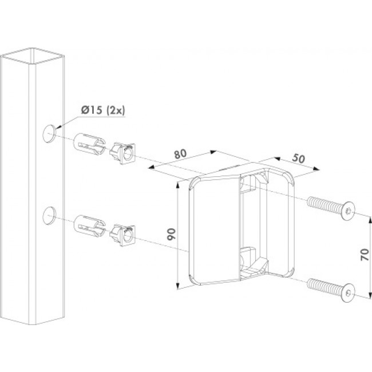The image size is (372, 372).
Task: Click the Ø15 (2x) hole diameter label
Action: (x=102, y=110)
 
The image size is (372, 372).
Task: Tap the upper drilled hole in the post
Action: (x=49, y=133)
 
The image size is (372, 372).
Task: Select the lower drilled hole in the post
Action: (x=49, y=215)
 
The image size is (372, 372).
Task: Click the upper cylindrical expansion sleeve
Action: (x=90, y=144)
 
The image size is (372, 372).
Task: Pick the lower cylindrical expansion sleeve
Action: (x=90, y=226)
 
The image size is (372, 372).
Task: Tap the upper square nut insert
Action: (x=122, y=153)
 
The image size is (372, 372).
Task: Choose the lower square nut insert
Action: (x=122, y=235)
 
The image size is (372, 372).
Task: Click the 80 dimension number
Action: (x=180, y=154)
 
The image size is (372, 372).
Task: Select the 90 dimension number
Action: (x=171, y=234)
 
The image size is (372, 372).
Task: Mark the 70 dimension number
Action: (x=365, y=255)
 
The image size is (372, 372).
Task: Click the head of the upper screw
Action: (x=348, y=211)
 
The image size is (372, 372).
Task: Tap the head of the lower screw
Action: (x=348, y=293)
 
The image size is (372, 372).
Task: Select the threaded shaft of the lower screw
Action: (x=325, y=287)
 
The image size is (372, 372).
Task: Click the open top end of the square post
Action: (x=33, y=56)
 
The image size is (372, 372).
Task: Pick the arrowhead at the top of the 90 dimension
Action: (x=177, y=185)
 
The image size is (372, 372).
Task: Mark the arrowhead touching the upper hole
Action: (x=58, y=127)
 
